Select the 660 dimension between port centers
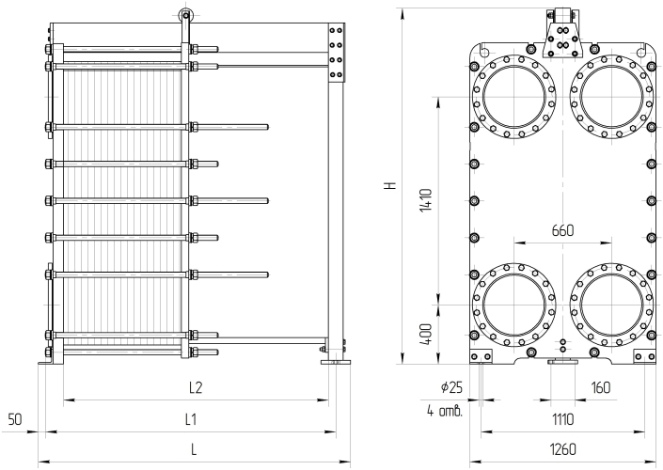pos(562,229)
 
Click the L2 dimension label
pos(195,386)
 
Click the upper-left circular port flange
pos(513,94)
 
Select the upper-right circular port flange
pos(611,94)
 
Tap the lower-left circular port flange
pos(513,305)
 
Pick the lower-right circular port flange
pos(611,305)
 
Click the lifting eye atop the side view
pos(185,15)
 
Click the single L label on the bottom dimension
pos(195,449)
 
